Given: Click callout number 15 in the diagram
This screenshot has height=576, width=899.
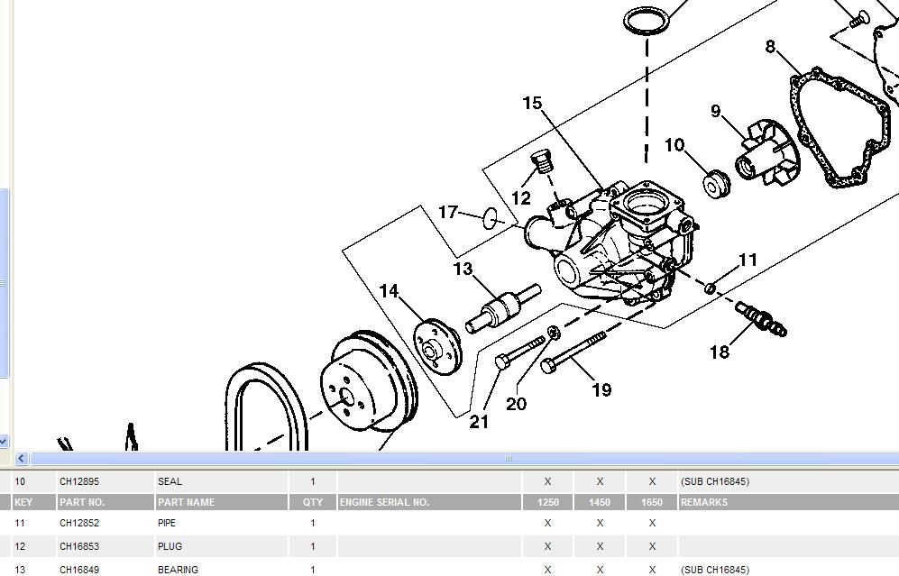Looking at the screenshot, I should [x=532, y=104].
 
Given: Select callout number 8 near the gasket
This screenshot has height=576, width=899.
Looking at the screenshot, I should [x=770, y=47].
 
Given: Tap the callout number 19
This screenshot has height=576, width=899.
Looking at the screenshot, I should [x=601, y=389].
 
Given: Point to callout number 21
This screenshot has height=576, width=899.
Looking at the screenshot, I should [x=479, y=420].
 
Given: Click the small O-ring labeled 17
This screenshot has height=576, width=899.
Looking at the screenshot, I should [x=491, y=218].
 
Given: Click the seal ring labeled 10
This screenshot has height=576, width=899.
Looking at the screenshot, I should [x=717, y=184].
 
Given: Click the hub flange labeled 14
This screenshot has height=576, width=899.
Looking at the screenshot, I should [x=436, y=343].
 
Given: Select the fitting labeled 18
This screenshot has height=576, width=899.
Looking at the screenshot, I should [x=760, y=318].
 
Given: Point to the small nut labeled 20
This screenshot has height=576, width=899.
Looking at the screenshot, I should [x=552, y=334].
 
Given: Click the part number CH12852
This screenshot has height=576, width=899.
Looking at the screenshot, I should [x=79, y=523].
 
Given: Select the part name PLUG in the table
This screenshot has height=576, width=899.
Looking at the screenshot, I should [x=170, y=546].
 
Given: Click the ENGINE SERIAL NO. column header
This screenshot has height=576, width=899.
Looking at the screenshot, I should [x=384, y=502].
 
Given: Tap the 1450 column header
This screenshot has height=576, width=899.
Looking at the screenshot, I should [x=599, y=502].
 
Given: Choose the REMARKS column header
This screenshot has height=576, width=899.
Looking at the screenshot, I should [x=704, y=502].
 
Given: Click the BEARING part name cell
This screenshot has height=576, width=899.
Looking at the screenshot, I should [x=178, y=569].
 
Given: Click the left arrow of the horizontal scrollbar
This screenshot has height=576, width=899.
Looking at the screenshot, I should [x=22, y=459].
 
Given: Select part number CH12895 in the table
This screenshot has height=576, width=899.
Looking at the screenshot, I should [x=79, y=481].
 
